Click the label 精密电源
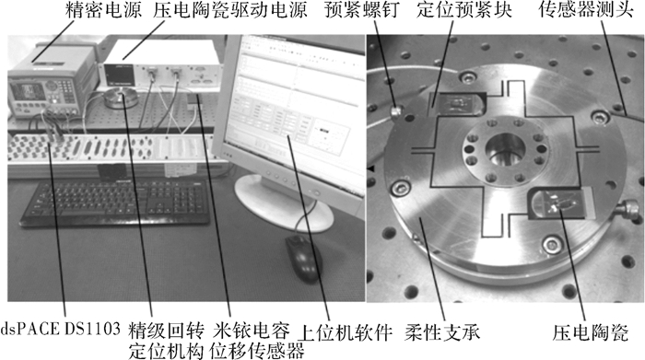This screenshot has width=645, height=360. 103,10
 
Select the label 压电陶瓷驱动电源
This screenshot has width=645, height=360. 230,10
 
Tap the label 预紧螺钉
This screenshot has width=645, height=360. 362,10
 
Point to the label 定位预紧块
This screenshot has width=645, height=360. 464,10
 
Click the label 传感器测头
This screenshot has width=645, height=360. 586,10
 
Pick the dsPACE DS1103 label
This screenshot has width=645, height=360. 61,330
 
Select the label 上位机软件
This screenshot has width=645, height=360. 345,332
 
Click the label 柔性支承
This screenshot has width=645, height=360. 442,332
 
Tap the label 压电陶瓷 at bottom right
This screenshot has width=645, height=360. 591,332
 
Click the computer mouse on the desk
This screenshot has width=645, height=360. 304,259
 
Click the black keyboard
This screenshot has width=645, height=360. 116,203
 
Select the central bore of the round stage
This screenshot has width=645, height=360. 505,149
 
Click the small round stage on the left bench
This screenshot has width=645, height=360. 119,98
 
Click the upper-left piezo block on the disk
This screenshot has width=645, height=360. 457,104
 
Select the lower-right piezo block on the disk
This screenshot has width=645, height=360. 560,203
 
